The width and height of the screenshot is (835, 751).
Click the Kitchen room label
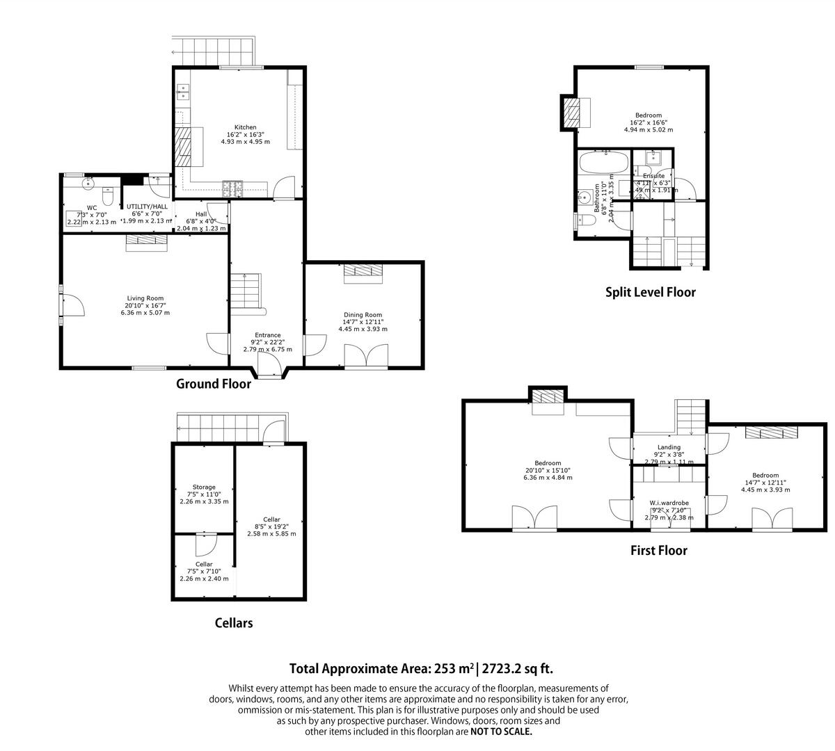click(245, 127)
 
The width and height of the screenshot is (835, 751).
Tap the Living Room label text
click(145, 298)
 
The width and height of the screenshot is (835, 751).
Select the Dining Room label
click(363, 315)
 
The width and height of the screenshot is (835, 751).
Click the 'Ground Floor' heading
click(213, 384)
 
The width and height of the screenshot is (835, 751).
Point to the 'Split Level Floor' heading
click(650, 293)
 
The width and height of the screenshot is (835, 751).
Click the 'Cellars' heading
click(233, 623)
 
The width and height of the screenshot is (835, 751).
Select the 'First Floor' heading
click(658, 551)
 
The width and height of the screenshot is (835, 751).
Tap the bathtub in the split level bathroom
click(603, 164)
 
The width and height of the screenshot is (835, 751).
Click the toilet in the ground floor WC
click(106, 192)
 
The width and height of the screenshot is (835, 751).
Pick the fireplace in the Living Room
click(147, 241)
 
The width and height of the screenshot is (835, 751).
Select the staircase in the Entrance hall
click(245, 291)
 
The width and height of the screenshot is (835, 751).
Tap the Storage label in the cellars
click(204, 487)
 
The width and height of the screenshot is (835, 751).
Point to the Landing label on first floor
click(669, 447)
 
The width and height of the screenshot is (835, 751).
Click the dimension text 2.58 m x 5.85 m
click(271, 534)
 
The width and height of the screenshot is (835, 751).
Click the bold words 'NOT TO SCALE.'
click(501, 732)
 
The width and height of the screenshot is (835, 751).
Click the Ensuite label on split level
click(653, 176)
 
